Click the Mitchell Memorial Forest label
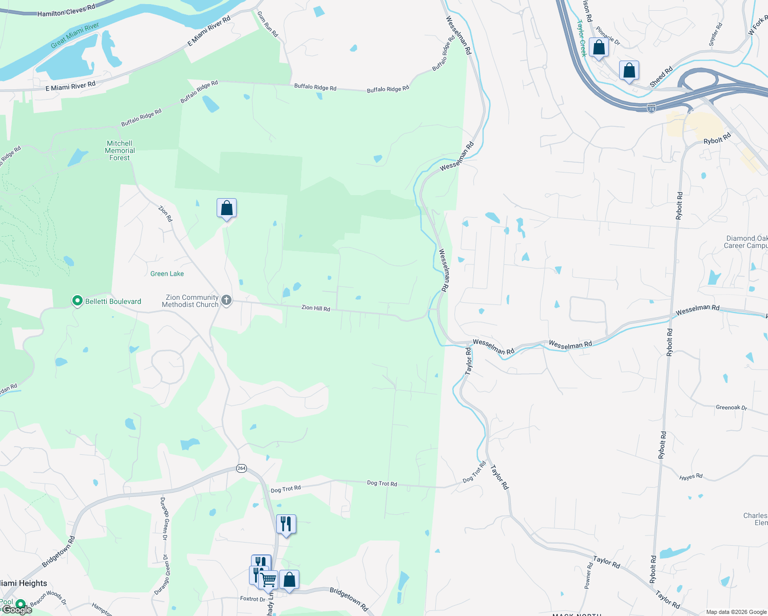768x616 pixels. tap(120, 150)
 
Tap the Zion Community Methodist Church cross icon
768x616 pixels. tap(226, 300)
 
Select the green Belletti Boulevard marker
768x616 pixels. tap(78, 301)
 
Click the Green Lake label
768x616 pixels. tap(167, 274)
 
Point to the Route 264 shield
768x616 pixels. tap(241, 468)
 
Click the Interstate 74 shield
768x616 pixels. tap(651, 109)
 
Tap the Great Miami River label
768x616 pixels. tap(75, 36)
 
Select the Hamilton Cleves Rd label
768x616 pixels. tap(66, 10)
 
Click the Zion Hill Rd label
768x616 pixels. tap(316, 308)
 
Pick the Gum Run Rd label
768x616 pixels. tap(267, 24)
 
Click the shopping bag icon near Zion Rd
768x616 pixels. tap(226, 208)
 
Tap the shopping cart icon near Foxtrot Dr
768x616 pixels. tap(268, 580)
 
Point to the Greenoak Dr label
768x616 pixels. tap(731, 408)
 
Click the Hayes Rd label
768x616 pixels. tap(690, 477)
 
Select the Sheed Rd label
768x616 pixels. tap(661, 77)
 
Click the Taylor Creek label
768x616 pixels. tap(582, 38)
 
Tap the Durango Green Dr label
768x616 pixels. tap(164, 519)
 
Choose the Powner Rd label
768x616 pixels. tap(588, 575)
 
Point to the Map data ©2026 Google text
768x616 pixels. tap(736, 612)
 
